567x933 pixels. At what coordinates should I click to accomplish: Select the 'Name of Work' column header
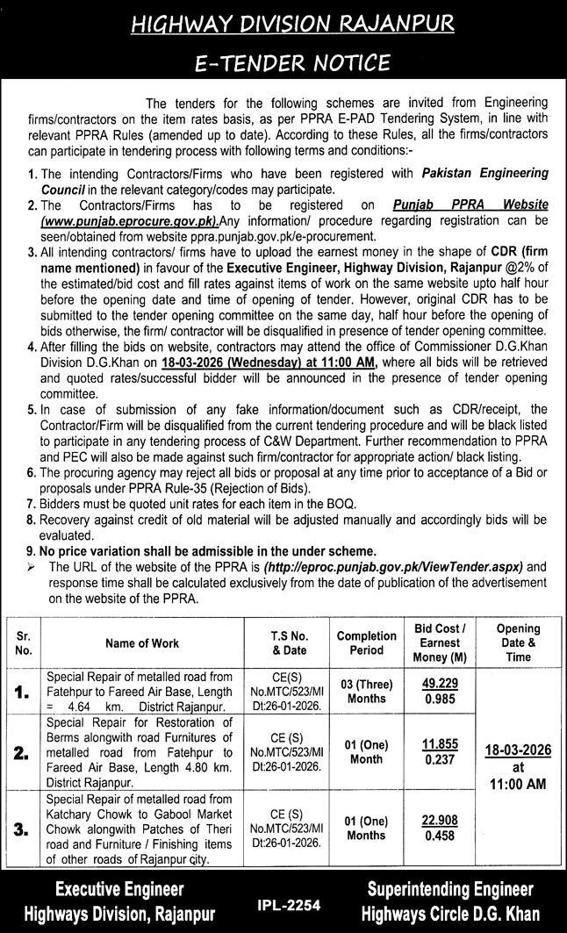tap(142, 643)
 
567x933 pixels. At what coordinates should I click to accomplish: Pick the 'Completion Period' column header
tap(367, 643)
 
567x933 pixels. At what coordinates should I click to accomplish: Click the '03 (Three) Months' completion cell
tap(367, 692)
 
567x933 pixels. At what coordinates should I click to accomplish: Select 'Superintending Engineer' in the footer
tap(449, 889)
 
